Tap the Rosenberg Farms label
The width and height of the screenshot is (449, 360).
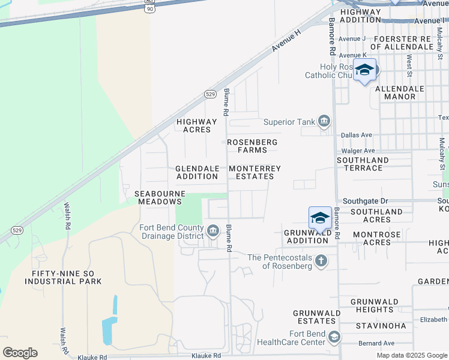click(252, 146)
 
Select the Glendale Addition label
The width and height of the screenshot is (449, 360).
click(197, 173)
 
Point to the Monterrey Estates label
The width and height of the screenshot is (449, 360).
click(255, 173)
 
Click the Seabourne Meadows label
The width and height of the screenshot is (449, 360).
click(159, 197)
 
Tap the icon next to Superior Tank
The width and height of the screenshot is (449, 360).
click(324, 122)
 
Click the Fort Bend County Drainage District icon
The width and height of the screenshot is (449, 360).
click(212, 231)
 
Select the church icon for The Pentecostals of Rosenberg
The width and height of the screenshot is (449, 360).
click(321, 261)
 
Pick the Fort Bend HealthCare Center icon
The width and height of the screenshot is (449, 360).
click(334, 338)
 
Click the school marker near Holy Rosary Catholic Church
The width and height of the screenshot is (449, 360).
click(364, 71)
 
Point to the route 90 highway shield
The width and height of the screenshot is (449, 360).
click(149, 7)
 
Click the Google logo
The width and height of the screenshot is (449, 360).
click(20, 352)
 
